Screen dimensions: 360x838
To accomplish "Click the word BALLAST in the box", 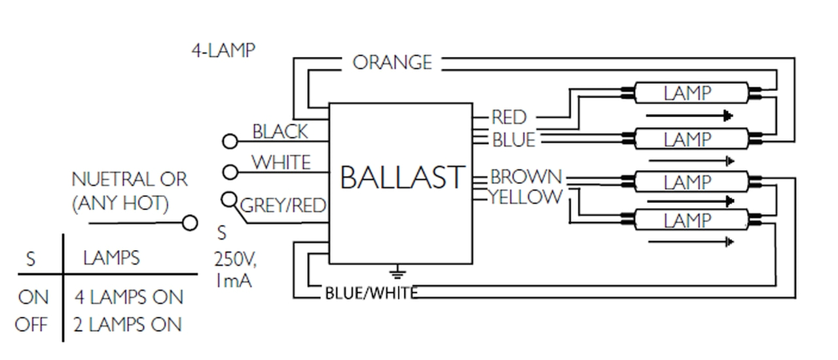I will (x=402, y=177).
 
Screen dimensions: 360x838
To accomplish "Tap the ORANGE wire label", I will (x=392, y=63).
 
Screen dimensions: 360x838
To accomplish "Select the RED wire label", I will (x=509, y=118).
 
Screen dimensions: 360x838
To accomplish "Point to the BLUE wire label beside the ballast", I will (x=513, y=139).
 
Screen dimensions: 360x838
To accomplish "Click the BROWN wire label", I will (x=526, y=177).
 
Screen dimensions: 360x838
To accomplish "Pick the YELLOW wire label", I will (x=526, y=196).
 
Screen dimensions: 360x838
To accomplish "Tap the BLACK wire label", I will (x=280, y=132).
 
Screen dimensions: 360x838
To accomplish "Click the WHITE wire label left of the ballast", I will (x=281, y=162).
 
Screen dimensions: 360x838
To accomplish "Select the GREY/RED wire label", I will (x=283, y=206).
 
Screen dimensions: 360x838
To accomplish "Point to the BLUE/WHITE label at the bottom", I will (x=371, y=293).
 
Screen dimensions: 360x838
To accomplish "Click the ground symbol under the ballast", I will (x=397, y=272).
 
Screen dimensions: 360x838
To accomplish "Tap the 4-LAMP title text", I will (x=223, y=50).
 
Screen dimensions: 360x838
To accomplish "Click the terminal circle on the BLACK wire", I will (x=230, y=141).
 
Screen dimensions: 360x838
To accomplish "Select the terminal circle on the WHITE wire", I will (x=230, y=172).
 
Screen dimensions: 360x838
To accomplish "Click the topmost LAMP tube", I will (x=691, y=94).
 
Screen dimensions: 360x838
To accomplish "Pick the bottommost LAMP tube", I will (x=691, y=221).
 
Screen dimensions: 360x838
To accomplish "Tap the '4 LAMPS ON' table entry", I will (x=128, y=297).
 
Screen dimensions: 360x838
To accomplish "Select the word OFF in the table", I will (x=31, y=325).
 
